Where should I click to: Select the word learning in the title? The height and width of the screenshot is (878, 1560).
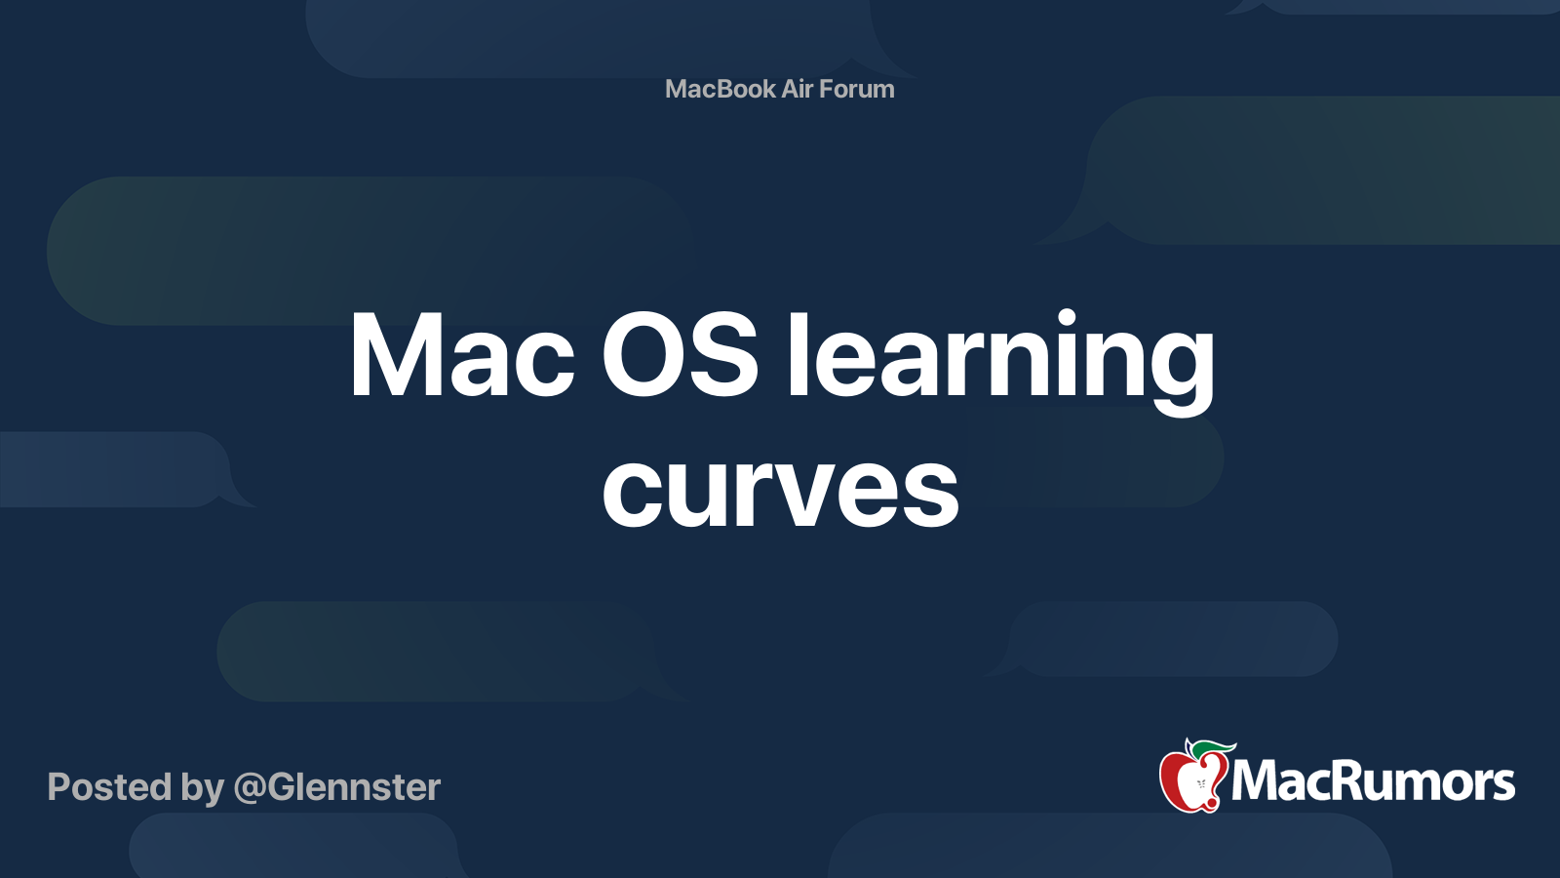point(1001,357)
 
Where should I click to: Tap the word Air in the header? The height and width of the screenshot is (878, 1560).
point(798,89)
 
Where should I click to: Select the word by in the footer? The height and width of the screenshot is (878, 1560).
point(202,788)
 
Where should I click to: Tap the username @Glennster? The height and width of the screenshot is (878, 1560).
point(337,787)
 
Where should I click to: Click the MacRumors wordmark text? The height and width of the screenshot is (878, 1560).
point(1373,782)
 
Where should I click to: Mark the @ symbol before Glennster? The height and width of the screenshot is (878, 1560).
point(250,788)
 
